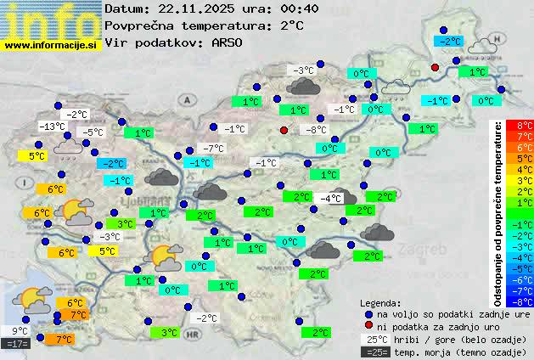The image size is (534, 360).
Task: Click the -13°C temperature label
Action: click(x=53, y=127)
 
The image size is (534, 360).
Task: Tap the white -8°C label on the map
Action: click(x=316, y=130)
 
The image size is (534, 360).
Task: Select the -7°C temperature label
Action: click(x=213, y=149)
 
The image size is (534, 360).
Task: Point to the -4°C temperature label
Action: click(x=330, y=199)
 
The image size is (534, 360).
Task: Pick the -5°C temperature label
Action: click(x=91, y=132)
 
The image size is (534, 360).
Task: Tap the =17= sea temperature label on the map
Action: click(x=17, y=344)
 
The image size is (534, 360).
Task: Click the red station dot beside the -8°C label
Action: click(x=284, y=130)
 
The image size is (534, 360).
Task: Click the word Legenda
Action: click(x=381, y=303)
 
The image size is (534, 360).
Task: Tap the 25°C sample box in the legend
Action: click(x=374, y=340)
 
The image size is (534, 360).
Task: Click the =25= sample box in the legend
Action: click(x=374, y=352)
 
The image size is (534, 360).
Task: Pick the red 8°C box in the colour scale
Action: click(x=525, y=126)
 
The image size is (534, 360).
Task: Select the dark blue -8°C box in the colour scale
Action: click(x=525, y=301)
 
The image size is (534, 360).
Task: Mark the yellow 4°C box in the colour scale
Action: click(x=525, y=169)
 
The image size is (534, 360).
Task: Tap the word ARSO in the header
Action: click(x=228, y=42)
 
